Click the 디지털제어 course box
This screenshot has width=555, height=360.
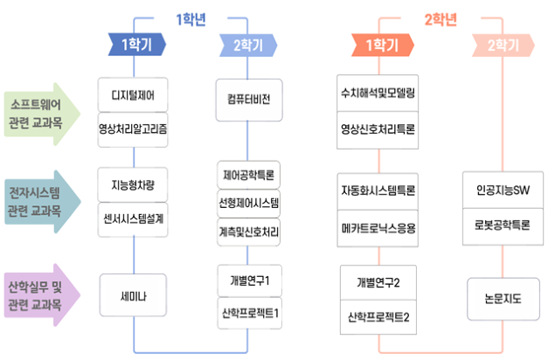pos(133,93)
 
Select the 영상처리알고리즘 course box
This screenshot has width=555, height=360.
pos(133,128)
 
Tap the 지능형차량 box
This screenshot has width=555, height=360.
pos(133,184)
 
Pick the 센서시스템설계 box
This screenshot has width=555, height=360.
pos(133,218)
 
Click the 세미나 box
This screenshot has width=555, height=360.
pos(133,297)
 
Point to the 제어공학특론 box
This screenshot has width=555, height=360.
pos(249,174)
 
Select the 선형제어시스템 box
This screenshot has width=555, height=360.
pos(249,203)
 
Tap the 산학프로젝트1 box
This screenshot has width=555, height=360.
pos(249,311)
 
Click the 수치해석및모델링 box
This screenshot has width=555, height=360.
pos(378,92)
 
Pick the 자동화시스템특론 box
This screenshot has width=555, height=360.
pos(378,190)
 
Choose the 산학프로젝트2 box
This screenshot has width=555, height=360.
pos(378,315)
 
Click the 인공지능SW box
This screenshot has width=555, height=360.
pos(503,190)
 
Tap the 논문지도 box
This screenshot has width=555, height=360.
pos(503,298)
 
